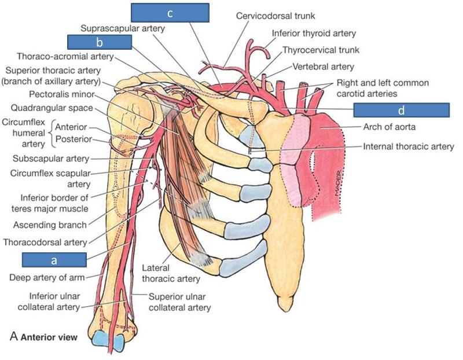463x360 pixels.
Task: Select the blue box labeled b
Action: tap(100, 42)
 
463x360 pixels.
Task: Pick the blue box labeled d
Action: tap(401, 110)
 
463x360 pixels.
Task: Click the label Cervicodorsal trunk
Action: tap(274, 16)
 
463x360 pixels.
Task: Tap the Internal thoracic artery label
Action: tap(409, 146)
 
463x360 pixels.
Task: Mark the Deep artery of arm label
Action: tap(47, 277)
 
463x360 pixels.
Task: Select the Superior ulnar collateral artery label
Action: tap(179, 302)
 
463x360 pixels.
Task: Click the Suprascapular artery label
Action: tap(123, 27)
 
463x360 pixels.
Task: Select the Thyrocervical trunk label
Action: tap(318, 50)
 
